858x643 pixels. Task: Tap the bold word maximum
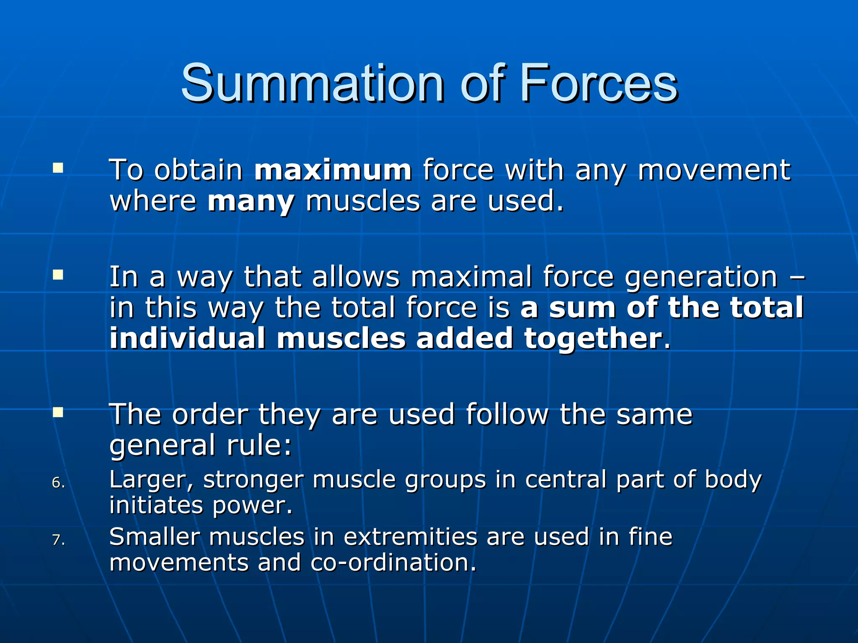tap(333, 170)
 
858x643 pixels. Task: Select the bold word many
tap(251, 202)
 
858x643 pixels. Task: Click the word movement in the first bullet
tap(714, 170)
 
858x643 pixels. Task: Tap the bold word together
tap(593, 339)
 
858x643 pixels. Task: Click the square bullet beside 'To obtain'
tap(58, 169)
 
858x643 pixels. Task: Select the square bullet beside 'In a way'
tap(58, 275)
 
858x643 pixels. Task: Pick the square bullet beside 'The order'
tap(58, 413)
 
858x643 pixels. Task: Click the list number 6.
tap(58, 483)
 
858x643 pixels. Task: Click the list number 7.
tap(58, 540)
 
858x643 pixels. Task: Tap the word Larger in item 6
tap(151, 480)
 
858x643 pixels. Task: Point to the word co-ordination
tap(393, 562)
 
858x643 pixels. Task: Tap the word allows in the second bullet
tap(356, 277)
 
